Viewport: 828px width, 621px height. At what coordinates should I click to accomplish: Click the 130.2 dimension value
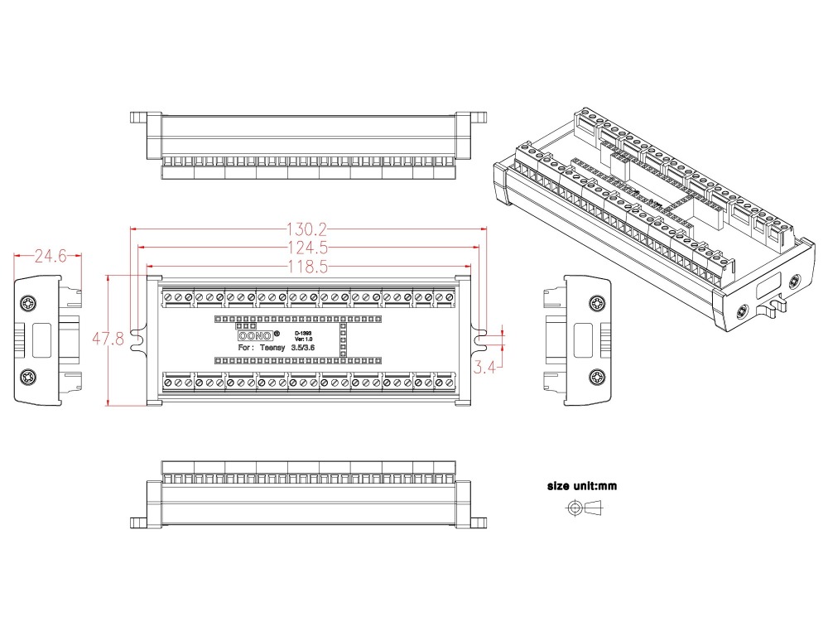tap(307, 229)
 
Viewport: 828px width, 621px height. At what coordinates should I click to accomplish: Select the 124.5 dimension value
tap(308, 248)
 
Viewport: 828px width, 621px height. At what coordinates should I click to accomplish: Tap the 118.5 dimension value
tap(308, 267)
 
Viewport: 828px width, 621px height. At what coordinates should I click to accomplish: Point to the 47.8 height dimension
tap(108, 339)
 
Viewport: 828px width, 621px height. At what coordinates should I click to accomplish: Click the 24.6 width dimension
tap(51, 256)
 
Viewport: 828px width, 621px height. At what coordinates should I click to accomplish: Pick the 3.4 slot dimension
tap(484, 367)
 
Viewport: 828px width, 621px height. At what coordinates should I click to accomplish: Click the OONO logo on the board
tap(255, 336)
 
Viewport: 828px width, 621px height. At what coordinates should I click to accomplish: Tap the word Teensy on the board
tap(272, 348)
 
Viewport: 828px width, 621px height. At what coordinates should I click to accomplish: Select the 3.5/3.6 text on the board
tap(302, 348)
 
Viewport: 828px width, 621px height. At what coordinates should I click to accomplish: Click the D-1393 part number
tap(303, 333)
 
